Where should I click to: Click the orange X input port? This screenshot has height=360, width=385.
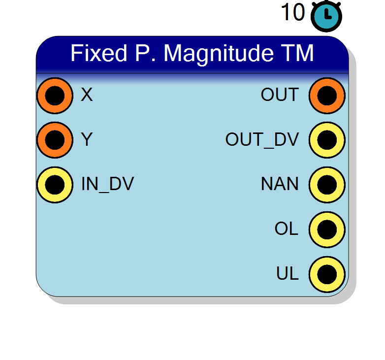tap(55, 96)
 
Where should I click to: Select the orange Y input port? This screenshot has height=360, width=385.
tap(55, 140)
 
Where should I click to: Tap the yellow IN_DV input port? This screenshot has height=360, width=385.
tap(55, 185)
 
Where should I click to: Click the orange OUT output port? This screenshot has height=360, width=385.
tap(327, 96)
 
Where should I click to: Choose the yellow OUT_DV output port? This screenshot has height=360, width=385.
tap(327, 140)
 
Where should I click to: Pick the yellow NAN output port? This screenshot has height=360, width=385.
tap(327, 185)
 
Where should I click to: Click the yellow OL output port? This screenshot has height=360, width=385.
tap(327, 229)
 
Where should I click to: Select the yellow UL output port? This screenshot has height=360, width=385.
tap(327, 274)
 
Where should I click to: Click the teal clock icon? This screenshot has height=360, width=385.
tap(326, 16)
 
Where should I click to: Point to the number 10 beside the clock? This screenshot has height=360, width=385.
tap(292, 12)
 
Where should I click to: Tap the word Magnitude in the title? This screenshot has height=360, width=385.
tap(219, 55)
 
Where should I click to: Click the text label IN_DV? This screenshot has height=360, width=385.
tap(107, 184)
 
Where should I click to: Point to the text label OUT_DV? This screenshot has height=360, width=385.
tap(262, 139)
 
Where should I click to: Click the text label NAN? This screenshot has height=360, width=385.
tap(280, 184)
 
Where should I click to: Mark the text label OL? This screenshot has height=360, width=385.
tap(287, 229)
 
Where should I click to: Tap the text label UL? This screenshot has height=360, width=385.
tap(288, 273)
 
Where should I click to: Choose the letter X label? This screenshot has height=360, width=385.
tap(87, 95)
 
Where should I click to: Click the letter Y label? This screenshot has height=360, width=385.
tap(87, 139)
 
